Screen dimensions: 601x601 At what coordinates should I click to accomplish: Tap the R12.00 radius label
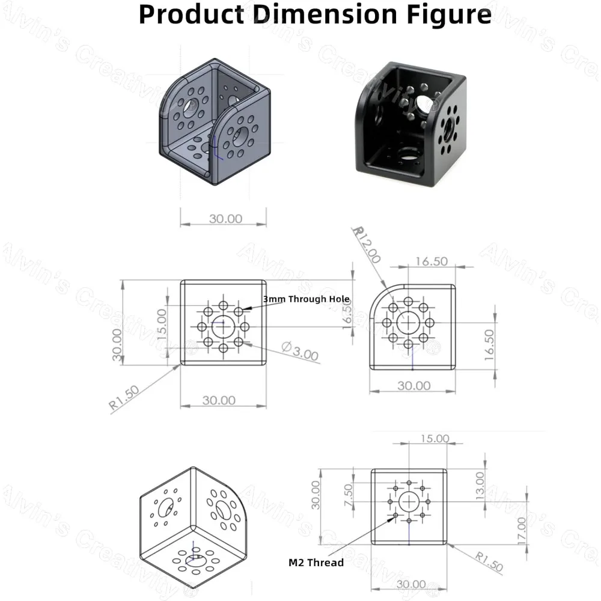367,245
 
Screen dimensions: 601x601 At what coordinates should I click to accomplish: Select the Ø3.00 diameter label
299,351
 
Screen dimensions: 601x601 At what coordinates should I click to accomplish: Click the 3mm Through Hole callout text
306,299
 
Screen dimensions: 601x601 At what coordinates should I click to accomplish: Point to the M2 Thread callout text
316,563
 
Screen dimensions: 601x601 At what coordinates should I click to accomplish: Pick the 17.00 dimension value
520,529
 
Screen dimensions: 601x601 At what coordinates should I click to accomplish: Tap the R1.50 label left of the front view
125,398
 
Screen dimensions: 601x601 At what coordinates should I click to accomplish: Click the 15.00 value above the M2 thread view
434,439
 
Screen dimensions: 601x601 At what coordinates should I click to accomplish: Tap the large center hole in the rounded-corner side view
409,322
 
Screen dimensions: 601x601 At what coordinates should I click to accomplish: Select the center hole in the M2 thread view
409,501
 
